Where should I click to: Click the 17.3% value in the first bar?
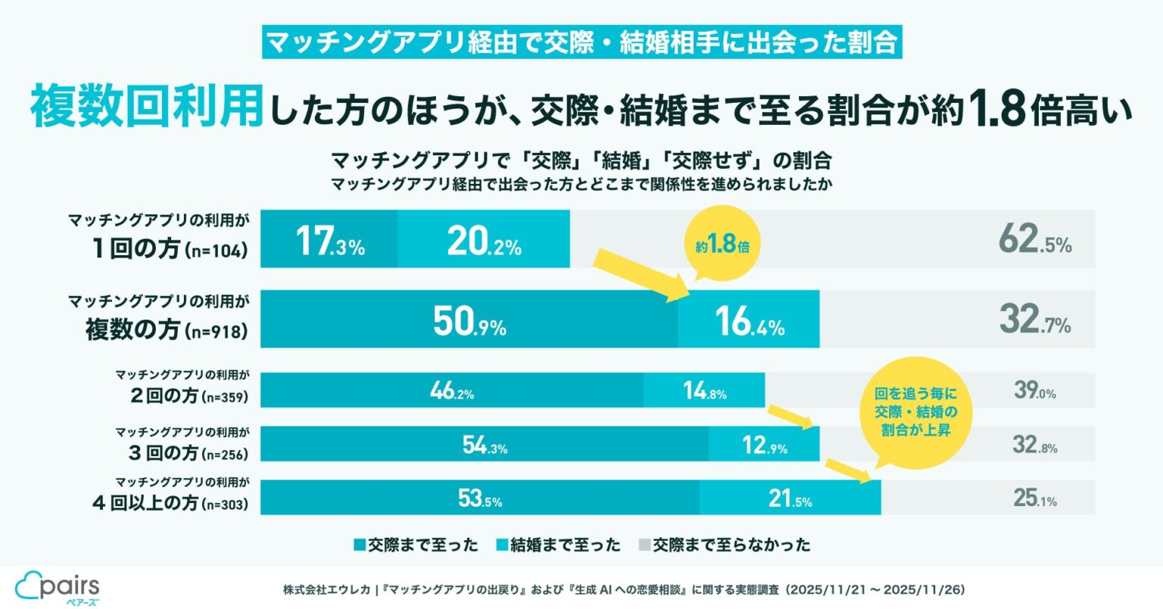pyautogui.click(x=330, y=241)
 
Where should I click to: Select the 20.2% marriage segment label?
pyautogui.click(x=484, y=241)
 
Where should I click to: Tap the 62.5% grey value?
pyautogui.click(x=1034, y=241)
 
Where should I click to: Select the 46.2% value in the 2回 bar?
pyautogui.click(x=452, y=392)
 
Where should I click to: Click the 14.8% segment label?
pyautogui.click(x=704, y=392)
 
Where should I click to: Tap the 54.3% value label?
pyautogui.click(x=485, y=445)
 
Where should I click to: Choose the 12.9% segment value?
pyautogui.click(x=765, y=445)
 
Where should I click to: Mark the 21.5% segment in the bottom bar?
pyautogui.click(x=790, y=499)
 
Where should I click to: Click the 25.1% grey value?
pyautogui.click(x=1035, y=498)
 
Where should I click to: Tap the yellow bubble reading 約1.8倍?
pyautogui.click(x=722, y=245)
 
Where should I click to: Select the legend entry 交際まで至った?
pyautogui.click(x=416, y=545)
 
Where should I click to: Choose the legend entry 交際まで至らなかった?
pyautogui.click(x=724, y=545)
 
